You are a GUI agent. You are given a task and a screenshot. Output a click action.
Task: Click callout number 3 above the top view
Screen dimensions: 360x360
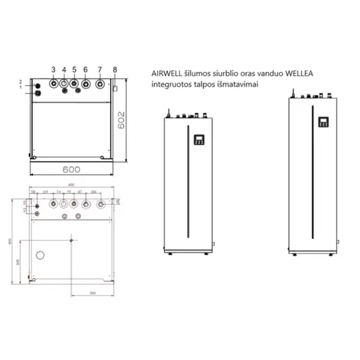(52, 70)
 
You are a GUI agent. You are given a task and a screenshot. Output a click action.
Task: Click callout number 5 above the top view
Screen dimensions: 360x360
(75, 70)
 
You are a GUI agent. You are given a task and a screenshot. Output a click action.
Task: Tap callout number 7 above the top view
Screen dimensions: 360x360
(99, 70)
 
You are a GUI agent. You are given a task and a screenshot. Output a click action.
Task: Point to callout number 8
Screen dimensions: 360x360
(115, 70)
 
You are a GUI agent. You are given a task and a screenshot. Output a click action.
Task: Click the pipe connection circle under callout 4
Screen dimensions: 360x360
(63, 85)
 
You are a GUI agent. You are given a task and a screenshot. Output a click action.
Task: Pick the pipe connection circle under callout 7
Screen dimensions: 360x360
(100, 85)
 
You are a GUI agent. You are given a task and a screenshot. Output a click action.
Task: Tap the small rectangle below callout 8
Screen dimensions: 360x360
(116, 88)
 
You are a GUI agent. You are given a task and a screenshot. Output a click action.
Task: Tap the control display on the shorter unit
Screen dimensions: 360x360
(199, 140)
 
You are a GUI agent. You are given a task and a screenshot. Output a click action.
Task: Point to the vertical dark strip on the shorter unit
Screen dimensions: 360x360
(199, 201)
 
